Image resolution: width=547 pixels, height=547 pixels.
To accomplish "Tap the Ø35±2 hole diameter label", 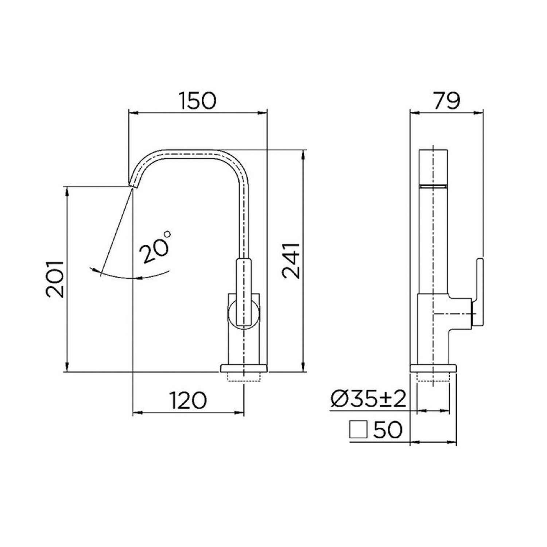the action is click(x=368, y=400).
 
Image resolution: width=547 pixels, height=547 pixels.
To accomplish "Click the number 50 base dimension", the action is click(x=388, y=430).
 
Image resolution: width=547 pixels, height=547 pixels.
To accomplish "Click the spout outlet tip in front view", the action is click(x=132, y=184).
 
